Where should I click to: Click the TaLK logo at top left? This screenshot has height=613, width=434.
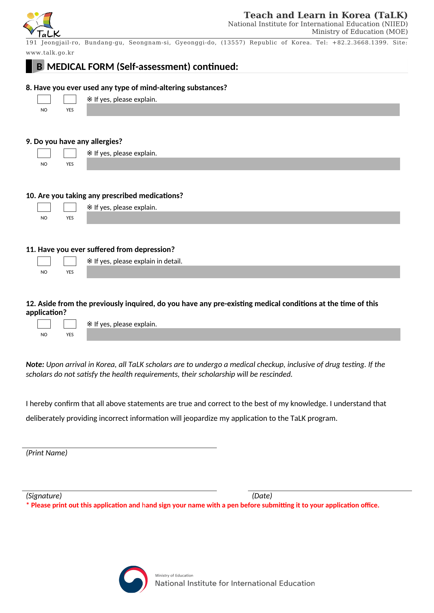tap(42, 24)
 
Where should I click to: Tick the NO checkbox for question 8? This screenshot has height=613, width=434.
tap(44, 100)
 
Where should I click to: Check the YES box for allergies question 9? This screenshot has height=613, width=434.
tap(70, 153)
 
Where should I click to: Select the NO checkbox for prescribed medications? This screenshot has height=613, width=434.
tap(44, 208)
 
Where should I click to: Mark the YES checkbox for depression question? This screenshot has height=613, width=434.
tap(70, 261)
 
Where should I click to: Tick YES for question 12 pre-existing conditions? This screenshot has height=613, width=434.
tap(70, 324)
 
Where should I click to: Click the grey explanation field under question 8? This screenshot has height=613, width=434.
tap(243, 110)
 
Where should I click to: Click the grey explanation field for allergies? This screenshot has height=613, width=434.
tap(243, 164)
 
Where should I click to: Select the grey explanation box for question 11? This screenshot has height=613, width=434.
tap(243, 272)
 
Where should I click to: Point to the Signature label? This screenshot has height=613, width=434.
tap(44, 496)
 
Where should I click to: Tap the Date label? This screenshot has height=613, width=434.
tap(262, 496)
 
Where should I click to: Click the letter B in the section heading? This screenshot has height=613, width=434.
tap(39, 67)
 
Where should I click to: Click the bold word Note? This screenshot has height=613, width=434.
tap(35, 365)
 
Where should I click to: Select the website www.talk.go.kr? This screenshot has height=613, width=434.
tap(50, 53)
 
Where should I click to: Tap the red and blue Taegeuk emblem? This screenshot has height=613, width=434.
tap(133, 579)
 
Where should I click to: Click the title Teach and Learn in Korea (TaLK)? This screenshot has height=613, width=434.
tap(326, 15)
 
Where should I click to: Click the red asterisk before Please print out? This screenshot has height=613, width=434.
tap(28, 505)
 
